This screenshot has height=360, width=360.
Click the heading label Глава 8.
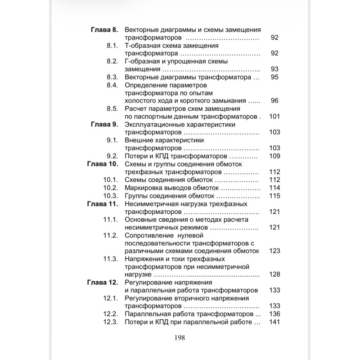click(104, 30)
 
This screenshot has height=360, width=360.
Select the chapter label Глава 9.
click(104, 124)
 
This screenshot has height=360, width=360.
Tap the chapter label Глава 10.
click(102, 164)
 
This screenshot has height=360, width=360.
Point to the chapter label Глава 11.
click(102, 204)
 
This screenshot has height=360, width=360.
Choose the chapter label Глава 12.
click(102, 283)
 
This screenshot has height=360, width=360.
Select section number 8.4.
click(112, 85)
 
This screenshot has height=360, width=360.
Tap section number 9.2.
click(112, 156)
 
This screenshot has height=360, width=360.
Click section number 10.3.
click(110, 196)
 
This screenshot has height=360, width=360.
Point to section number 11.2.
click(110, 235)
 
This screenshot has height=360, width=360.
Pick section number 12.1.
click(110, 298)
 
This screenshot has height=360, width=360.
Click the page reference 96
click(275, 100)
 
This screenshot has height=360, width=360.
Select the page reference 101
click(274, 116)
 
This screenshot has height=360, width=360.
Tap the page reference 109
click(274, 156)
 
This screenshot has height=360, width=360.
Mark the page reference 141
click(274, 322)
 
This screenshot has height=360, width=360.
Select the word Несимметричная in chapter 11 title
click(151, 204)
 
